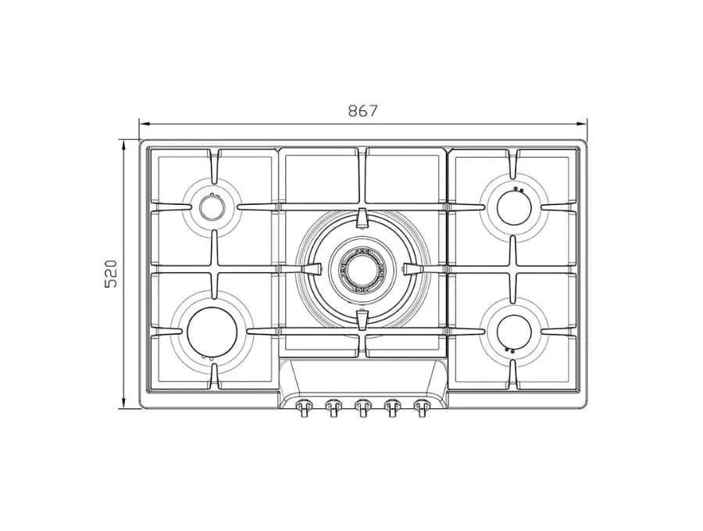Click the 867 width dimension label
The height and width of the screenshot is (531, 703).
(363, 110)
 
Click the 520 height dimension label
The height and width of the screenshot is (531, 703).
(111, 274)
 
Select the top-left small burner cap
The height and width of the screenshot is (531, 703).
(211, 207)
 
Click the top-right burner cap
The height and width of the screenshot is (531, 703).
(514, 207)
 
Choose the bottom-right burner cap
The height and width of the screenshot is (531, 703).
(514, 332)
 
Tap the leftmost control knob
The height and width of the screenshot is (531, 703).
(304, 407)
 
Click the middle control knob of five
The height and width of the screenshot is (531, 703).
(362, 407)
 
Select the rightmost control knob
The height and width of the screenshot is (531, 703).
(421, 407)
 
